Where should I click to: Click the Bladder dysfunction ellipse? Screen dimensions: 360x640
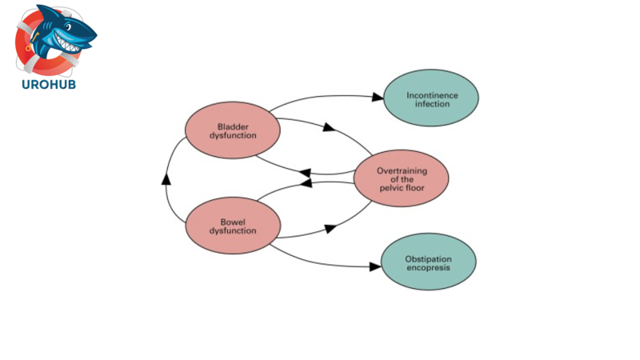coord(232,130)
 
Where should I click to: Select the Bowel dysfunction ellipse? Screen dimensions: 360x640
coord(232,226)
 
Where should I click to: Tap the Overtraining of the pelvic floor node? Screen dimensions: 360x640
coord(401,178)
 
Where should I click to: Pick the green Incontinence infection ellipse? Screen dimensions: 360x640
coord(431,98)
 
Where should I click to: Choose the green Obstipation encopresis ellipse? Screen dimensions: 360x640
coord(428,262)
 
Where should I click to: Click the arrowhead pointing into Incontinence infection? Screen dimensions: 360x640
coord(378,98)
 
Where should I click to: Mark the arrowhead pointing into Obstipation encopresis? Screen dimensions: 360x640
coord(374,266)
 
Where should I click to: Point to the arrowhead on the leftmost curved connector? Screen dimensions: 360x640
coord(166,178)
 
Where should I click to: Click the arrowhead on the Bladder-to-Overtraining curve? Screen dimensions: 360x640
coord(328,127)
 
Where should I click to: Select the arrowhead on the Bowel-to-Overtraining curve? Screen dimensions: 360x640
coord(330,229)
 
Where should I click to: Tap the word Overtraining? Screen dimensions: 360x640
coord(401,170)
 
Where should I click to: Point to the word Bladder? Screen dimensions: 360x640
coord(233,126)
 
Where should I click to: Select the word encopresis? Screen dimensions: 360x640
coord(428,267)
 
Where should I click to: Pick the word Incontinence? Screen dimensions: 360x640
coord(432,95)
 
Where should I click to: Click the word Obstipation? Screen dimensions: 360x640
coord(428,258)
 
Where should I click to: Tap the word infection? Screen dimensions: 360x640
coord(432,104)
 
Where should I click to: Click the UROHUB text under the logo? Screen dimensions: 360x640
coord(50,84)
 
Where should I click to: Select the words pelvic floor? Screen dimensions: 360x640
coord(401,188)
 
